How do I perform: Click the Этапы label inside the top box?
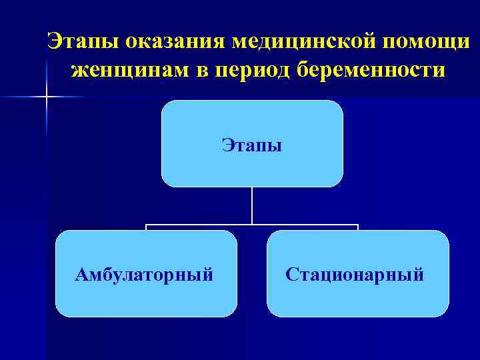pos(252,145)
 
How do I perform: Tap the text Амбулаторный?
pos(145,274)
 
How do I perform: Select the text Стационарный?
pos(355,274)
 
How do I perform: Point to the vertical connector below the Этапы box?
pos(252,205)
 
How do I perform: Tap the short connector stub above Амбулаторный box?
pos(147,227)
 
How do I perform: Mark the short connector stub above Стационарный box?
pos(358,227)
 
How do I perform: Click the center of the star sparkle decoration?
pos(47,97)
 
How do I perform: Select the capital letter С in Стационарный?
pos(291,274)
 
